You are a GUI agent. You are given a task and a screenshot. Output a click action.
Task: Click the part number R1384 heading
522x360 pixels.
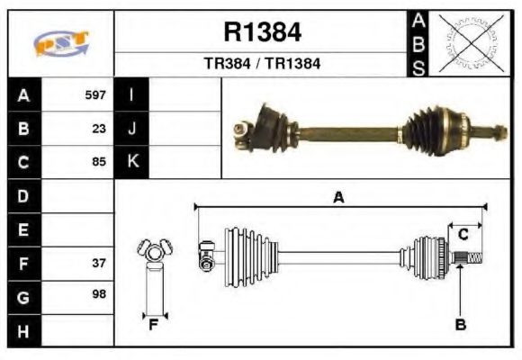(262, 33)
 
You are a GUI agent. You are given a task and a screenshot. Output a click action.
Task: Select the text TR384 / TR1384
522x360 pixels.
(262, 65)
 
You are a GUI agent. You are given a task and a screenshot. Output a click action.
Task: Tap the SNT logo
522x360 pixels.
(61, 42)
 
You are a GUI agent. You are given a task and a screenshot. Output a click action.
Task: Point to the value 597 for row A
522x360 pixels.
(95, 94)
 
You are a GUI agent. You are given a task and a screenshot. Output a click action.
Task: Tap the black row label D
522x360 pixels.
(23, 196)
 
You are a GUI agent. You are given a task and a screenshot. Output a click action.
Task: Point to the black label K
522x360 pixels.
(132, 162)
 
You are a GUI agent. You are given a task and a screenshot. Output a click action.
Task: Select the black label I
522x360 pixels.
(132, 94)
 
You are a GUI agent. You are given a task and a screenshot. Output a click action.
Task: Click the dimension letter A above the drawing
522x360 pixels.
(338, 198)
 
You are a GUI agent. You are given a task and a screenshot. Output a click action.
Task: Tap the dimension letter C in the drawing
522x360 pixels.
(461, 235)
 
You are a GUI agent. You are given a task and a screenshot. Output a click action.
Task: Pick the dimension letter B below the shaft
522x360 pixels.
(460, 325)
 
